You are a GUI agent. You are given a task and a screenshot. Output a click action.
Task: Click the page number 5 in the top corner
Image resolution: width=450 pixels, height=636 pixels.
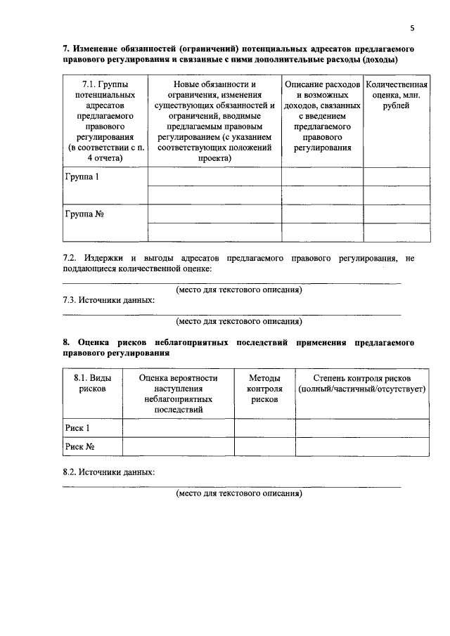click(413, 28)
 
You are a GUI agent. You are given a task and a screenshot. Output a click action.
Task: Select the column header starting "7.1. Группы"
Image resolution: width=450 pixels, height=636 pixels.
click(105, 121)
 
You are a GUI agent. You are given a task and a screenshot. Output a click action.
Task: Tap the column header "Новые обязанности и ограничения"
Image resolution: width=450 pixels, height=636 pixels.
click(214, 121)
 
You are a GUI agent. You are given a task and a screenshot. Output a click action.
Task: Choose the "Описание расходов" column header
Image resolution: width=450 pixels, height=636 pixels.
click(323, 116)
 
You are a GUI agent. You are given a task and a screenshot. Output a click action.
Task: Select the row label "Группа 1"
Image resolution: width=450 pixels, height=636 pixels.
click(82, 177)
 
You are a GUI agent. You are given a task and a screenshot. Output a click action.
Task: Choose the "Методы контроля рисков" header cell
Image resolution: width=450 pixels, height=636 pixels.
click(264, 389)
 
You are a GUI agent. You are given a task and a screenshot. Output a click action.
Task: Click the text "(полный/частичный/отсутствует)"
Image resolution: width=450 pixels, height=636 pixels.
click(362, 389)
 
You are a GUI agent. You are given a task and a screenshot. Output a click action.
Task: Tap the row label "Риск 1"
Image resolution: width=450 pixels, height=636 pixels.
click(77, 428)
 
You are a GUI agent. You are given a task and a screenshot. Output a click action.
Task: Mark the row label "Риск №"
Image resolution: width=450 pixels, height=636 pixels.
click(79, 446)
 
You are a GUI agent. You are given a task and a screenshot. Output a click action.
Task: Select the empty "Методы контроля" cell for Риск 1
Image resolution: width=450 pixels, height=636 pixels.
click(264, 428)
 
